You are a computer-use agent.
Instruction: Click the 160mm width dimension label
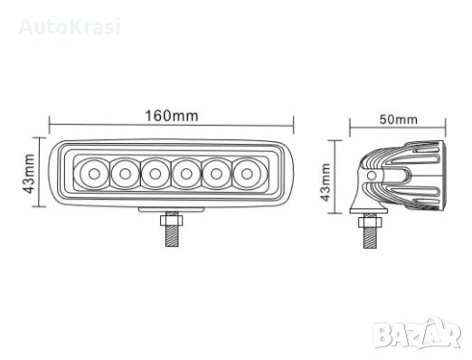(x=172, y=116)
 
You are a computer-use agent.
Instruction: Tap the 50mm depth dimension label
(x=399, y=119)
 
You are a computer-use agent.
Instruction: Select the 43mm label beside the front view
(x=29, y=174)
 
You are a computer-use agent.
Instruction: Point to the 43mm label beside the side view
(x=326, y=182)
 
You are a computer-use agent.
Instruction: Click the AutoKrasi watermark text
(x=70, y=26)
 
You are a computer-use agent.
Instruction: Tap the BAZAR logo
(x=417, y=334)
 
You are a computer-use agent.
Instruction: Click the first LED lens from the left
(x=94, y=174)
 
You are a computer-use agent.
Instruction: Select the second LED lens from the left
(x=125, y=174)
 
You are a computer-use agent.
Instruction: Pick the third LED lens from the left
(x=156, y=174)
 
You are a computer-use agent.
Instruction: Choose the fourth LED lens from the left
(x=186, y=174)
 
